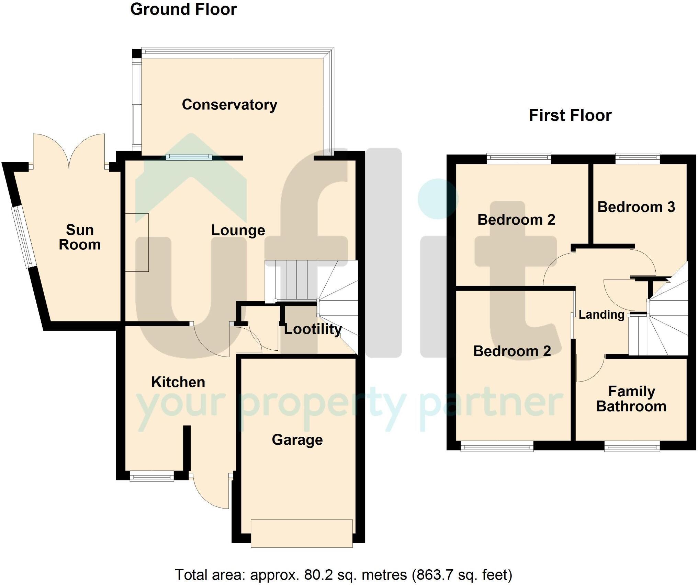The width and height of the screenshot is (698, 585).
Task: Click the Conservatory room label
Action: click(229, 105)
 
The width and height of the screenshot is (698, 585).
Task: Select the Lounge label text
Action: click(238, 230)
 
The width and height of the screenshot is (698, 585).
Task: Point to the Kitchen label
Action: click(178, 382)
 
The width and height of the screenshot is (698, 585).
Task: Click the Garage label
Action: click(297, 440)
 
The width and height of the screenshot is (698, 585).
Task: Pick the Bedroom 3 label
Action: click(636, 207)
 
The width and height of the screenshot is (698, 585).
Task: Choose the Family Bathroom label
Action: click(631, 399)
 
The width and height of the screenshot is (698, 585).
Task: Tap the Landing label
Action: click(601, 315)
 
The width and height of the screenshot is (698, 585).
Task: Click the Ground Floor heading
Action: click(183, 9)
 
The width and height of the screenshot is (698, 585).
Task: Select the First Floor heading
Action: click(570, 115)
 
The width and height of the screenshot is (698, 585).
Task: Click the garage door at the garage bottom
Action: click(302, 533)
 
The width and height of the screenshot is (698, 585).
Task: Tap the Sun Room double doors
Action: click(69, 151)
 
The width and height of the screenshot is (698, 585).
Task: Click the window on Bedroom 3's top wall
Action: click(638, 158)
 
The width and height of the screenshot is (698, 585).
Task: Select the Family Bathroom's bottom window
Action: click(632, 447)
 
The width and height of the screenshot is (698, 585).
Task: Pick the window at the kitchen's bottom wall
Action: click(151, 476)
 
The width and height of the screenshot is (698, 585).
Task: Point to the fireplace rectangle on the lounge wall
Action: click(137, 243)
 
